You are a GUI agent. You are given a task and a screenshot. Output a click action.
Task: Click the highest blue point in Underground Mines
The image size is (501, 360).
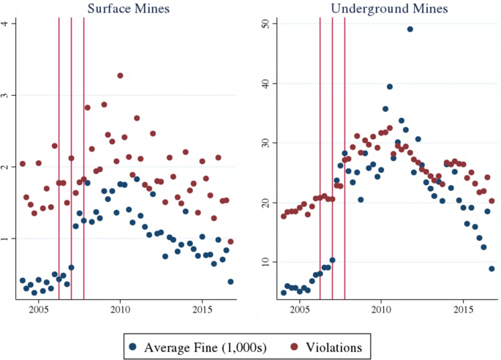pos(410,29)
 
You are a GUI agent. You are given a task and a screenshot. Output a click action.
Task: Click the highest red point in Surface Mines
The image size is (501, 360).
pos(120,75)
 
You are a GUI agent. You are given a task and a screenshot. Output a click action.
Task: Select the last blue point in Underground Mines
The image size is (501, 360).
pos(491,269)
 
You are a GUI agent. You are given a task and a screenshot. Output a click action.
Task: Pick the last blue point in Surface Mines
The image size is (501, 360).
pos(230,282)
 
